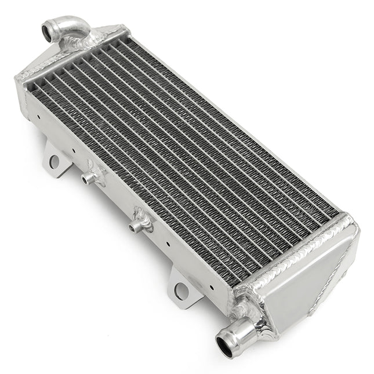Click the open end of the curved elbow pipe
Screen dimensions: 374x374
pyautogui.click(x=48, y=28)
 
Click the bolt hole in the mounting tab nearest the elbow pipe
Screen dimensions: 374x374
pyautogui.click(x=54, y=162)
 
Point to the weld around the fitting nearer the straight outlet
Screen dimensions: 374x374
pyautogui.click(x=142, y=218)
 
